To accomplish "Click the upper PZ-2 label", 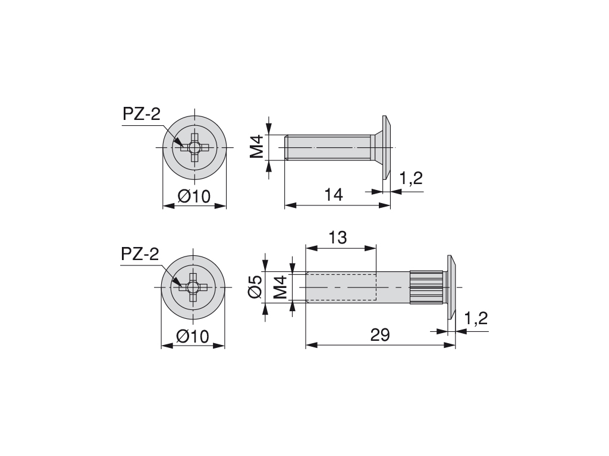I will tap(141, 114).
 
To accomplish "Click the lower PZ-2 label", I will tap(140, 254).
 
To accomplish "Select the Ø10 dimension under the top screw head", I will tap(194, 196).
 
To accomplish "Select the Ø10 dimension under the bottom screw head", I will tap(193, 336).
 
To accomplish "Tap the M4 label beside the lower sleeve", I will tap(280, 287).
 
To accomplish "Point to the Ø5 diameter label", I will tap(255, 287).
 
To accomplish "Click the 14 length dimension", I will tap(334, 195).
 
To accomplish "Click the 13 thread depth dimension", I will tap(337, 237).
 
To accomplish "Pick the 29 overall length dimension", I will tap(379, 335).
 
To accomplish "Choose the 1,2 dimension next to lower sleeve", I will tap(476, 318).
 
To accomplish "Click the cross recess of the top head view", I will tap(194, 147).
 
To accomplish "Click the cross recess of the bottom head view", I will tap(193, 287).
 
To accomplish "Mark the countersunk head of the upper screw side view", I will tap(384, 147).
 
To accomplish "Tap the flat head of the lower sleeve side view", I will tap(450, 287).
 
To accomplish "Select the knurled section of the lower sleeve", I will tap(426, 287).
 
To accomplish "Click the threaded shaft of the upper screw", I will tap(327, 147).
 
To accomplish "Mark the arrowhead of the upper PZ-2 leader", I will tap(180, 142).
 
